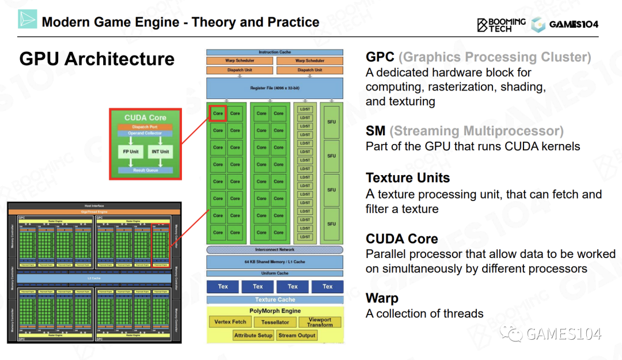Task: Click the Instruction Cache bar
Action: (275, 52)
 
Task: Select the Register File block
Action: (275, 88)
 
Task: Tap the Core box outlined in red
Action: (218, 113)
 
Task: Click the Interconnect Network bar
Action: (275, 250)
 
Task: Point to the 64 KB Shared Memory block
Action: (275, 262)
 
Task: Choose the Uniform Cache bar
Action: (275, 274)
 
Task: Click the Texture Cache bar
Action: (275, 300)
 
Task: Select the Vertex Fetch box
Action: (230, 322)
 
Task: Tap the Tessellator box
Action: (275, 323)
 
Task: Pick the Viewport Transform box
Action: (320, 322)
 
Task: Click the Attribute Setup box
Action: (253, 335)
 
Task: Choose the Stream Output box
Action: (297, 335)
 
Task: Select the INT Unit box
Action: (161, 152)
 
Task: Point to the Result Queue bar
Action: (145, 170)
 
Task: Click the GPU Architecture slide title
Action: (97, 59)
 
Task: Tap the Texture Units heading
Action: (408, 178)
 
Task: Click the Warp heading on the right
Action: (382, 298)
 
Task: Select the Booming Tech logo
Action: (501, 24)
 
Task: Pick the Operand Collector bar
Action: (145, 134)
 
